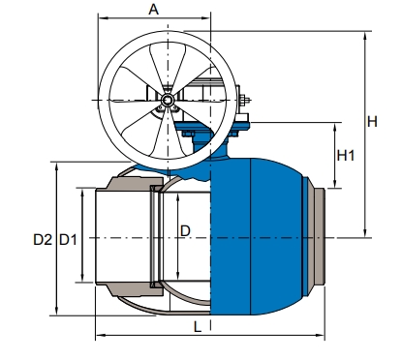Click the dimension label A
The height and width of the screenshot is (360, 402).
(x=153, y=10)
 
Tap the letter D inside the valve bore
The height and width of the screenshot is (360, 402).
(x=186, y=229)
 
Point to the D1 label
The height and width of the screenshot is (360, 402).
(x=68, y=238)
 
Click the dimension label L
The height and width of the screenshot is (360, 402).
(x=198, y=327)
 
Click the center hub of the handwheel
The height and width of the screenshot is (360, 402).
(x=168, y=100)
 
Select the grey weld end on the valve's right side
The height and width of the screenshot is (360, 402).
(x=318, y=237)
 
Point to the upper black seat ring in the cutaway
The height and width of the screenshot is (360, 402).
(x=154, y=189)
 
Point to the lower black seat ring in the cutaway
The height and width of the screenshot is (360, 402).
(x=154, y=285)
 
